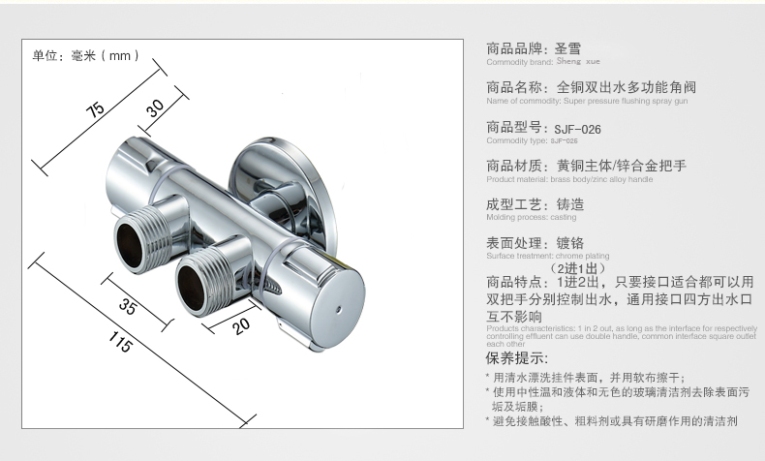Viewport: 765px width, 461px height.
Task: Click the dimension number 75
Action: (x=96, y=109)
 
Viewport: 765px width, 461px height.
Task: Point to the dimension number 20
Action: (x=241, y=326)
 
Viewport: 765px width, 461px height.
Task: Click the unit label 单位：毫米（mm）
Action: (x=81, y=56)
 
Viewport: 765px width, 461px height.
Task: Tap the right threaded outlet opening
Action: (x=192, y=288)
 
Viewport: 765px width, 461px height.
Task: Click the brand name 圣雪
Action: (x=568, y=47)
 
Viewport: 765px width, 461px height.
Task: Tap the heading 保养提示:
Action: (x=513, y=359)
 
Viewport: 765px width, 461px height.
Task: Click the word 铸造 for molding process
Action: (x=570, y=204)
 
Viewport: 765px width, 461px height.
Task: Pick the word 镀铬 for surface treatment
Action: (x=570, y=242)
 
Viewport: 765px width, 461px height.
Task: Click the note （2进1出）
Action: (x=577, y=267)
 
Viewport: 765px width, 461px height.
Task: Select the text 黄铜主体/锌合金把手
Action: (x=621, y=166)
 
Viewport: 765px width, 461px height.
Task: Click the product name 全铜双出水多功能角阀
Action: (x=627, y=87)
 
